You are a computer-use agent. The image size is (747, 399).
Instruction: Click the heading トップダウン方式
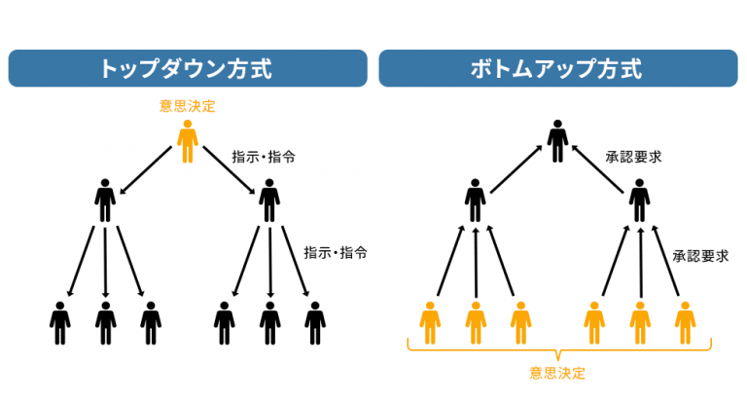point(187,69)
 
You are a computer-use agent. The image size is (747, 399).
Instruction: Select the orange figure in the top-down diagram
point(188,141)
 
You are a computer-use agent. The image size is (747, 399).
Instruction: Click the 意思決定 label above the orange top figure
point(188,105)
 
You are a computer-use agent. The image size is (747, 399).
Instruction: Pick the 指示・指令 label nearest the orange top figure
point(262,156)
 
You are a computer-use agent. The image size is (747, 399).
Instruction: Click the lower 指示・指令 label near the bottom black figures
point(336,252)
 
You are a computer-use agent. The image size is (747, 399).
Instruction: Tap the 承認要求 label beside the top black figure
point(633,156)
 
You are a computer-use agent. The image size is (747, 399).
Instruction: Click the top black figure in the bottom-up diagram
point(557,141)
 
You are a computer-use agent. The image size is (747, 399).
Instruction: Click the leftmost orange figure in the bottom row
point(430,322)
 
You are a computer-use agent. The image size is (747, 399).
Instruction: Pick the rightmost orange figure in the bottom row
point(685,322)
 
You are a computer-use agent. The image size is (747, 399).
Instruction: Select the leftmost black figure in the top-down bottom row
point(60,322)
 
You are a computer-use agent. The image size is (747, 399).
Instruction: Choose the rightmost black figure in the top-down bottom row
point(314,322)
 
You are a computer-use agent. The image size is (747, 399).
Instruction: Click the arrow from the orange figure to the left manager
point(149,165)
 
